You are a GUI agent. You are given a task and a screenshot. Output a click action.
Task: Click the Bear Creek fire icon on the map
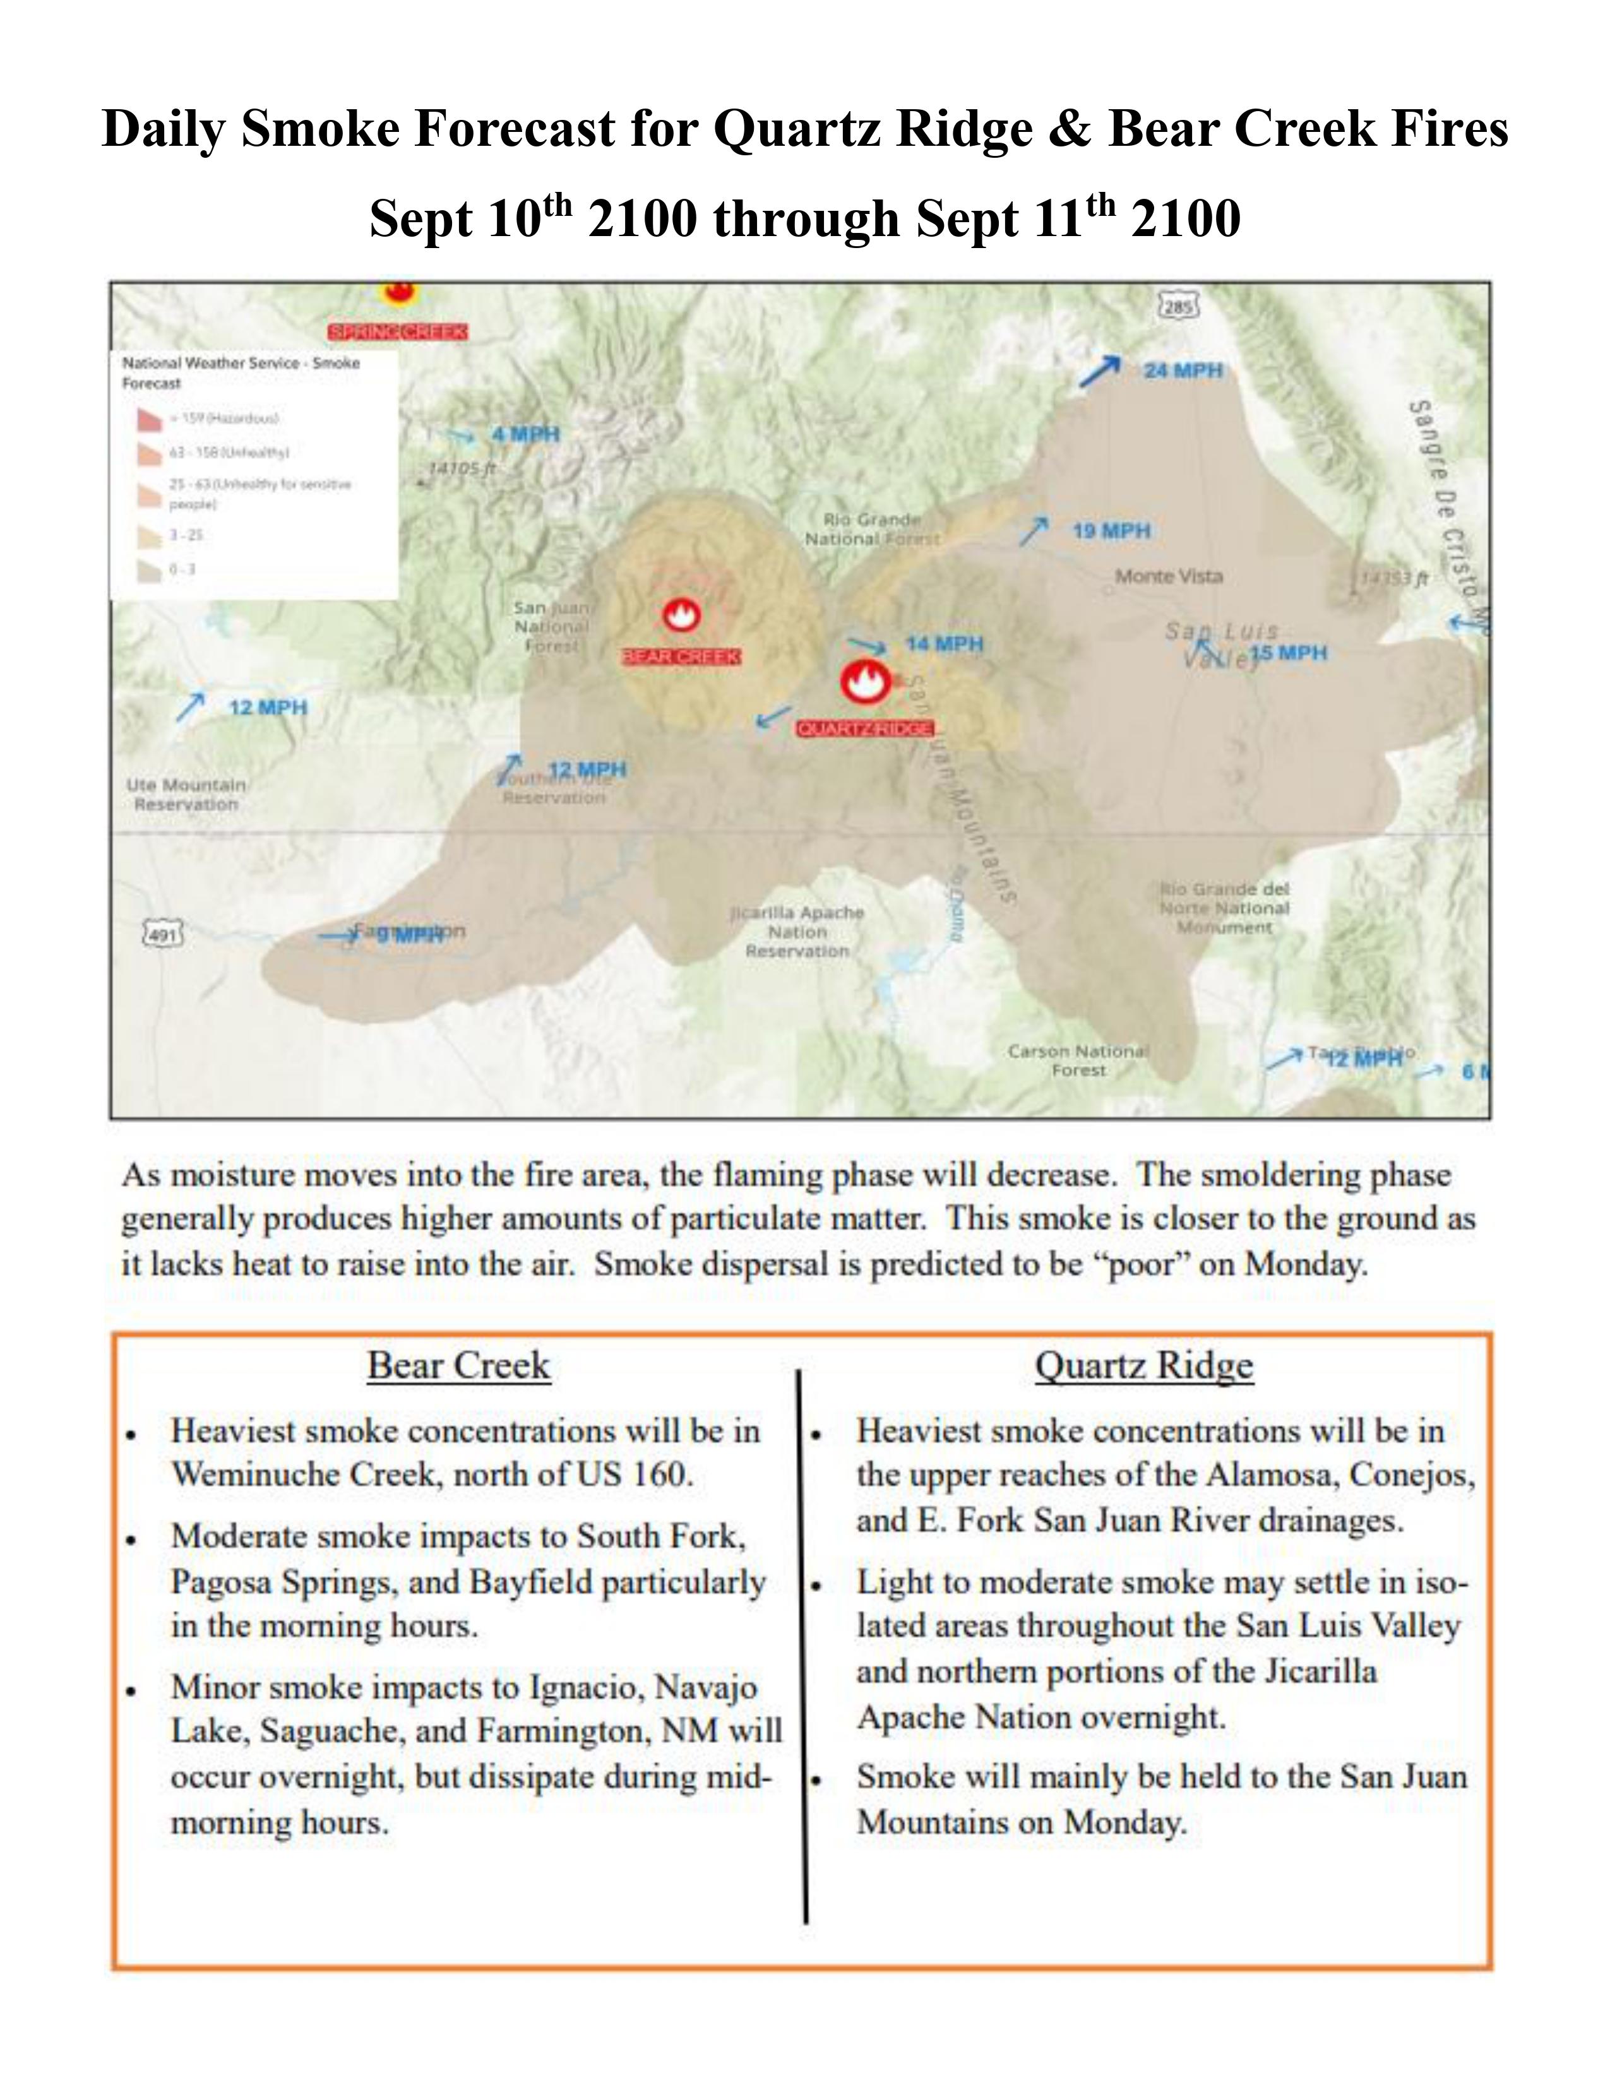click(681, 616)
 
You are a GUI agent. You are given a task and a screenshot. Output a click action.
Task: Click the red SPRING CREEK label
click(398, 332)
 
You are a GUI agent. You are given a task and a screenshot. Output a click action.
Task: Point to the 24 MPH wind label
click(1183, 370)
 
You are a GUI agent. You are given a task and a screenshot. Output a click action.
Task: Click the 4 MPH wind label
click(525, 434)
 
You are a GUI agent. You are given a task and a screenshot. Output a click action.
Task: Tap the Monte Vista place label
click(1169, 576)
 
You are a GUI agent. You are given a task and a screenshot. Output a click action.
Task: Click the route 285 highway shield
click(1178, 307)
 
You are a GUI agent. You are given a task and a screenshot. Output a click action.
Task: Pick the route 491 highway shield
click(163, 935)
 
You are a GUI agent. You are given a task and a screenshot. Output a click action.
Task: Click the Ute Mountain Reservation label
click(186, 795)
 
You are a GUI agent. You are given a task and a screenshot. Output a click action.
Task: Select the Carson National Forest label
click(1078, 1060)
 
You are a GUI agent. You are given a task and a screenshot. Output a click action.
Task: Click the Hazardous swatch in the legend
click(150, 418)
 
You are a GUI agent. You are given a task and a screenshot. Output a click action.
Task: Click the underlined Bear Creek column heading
click(459, 1366)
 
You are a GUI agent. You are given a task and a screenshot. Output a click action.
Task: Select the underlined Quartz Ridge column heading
click(1143, 1366)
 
